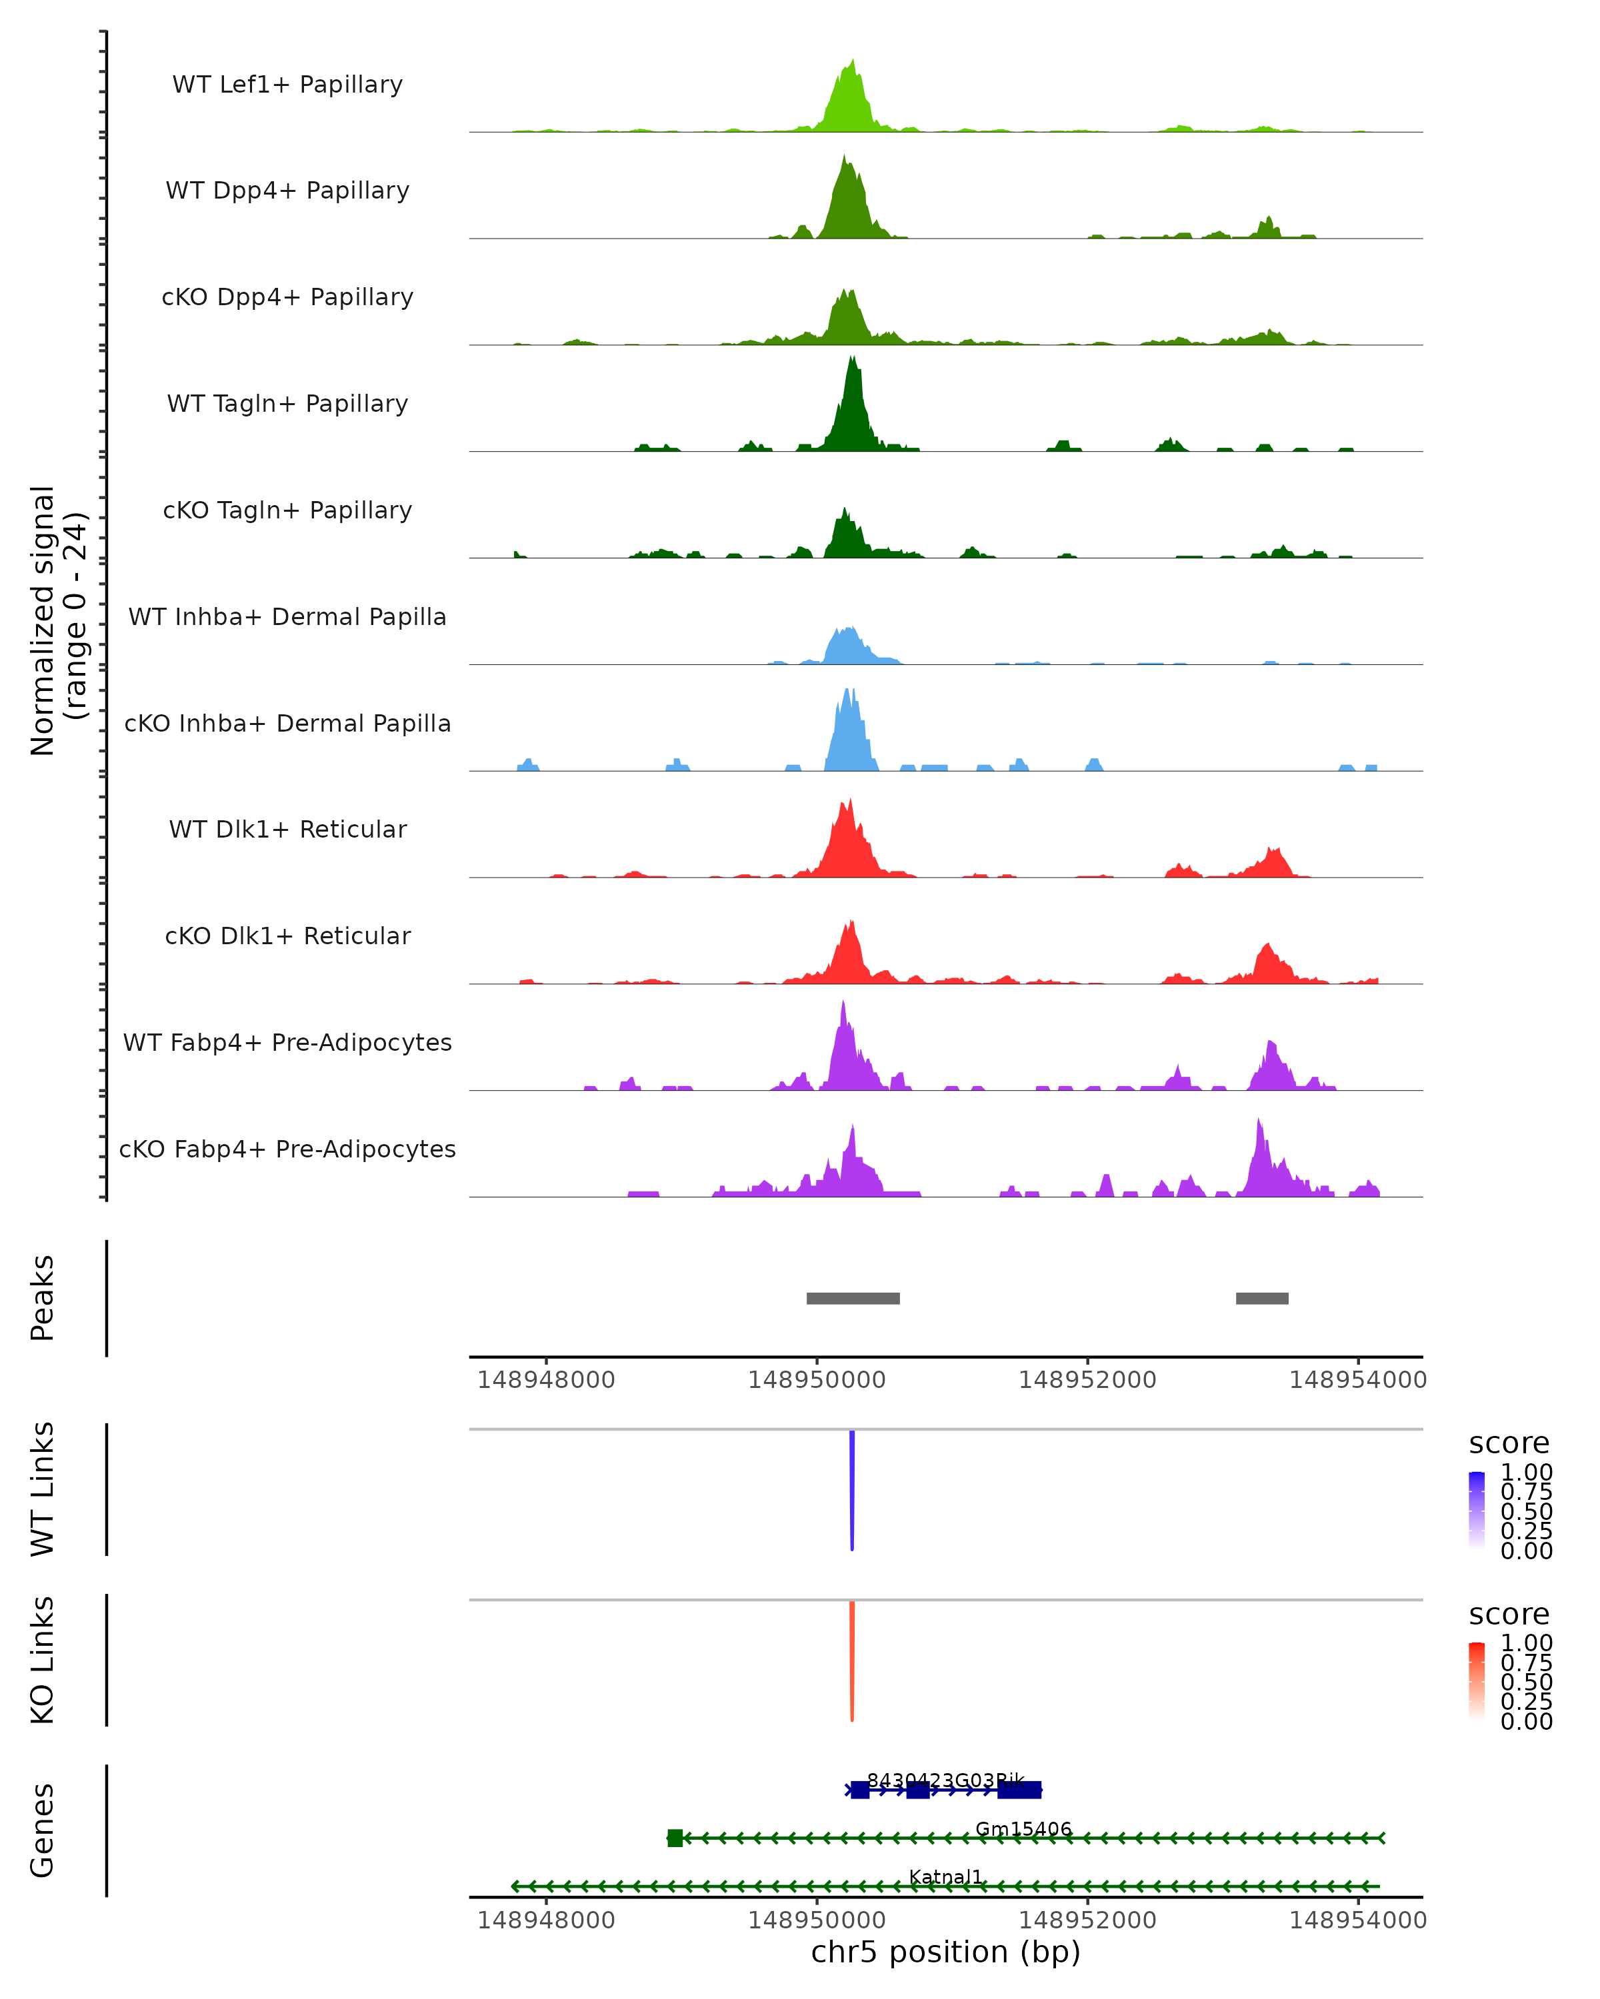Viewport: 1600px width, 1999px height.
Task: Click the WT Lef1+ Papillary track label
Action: [287, 85]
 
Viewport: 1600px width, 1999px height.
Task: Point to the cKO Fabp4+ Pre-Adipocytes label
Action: [287, 1149]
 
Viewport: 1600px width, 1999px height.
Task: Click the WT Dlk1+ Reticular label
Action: [287, 829]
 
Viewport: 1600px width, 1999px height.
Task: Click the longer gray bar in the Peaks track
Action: [853, 1298]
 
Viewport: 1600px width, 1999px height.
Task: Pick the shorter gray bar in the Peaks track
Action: [1261, 1298]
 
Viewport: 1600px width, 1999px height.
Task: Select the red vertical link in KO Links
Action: [851, 1661]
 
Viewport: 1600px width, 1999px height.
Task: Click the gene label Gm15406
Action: [1023, 1829]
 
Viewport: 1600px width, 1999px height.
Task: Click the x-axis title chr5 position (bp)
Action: [945, 1952]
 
